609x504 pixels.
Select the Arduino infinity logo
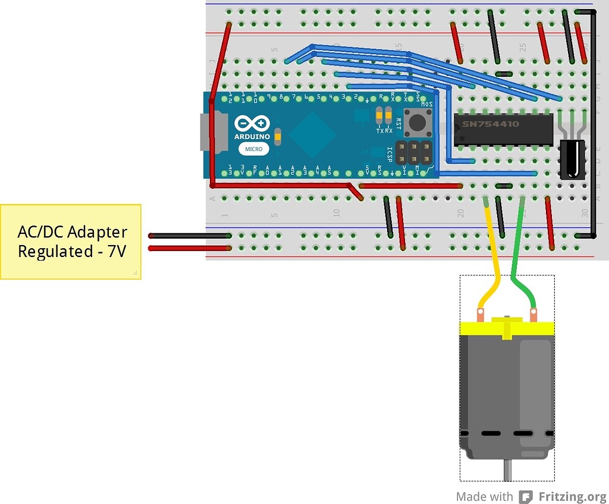point(252,124)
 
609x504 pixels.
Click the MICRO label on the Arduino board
point(252,149)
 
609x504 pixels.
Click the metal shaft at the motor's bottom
point(507,471)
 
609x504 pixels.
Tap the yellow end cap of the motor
point(507,327)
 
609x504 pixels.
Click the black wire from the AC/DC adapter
point(189,236)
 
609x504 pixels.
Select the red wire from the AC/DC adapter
point(189,248)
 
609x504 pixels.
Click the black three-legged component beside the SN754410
point(572,158)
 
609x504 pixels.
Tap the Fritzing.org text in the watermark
point(572,496)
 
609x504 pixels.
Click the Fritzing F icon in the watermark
point(525,496)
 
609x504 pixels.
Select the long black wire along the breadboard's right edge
point(593,125)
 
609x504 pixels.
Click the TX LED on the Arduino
point(379,113)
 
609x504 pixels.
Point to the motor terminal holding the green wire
point(533,312)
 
